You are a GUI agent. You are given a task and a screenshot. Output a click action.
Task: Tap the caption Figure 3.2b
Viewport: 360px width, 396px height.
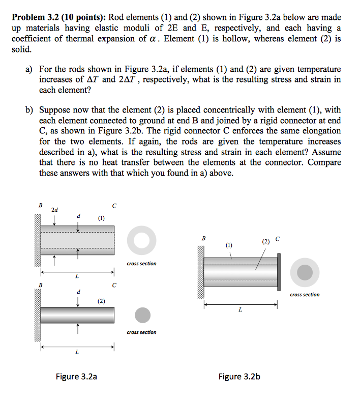pos(239,377)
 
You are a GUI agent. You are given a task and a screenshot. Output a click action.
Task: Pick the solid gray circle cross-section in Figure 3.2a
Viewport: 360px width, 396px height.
pos(142,315)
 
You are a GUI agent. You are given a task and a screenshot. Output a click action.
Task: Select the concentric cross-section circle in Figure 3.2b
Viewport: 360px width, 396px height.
pos(305,272)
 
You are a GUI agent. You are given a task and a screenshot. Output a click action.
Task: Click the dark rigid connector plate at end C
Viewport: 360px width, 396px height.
pos(279,273)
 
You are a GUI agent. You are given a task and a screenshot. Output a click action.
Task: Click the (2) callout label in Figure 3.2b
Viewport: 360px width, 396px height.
pos(265,241)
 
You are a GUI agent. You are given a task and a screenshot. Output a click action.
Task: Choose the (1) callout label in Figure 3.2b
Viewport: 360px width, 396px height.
pos(229,245)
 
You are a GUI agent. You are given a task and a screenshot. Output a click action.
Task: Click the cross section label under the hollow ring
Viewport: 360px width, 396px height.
pos(141,264)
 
